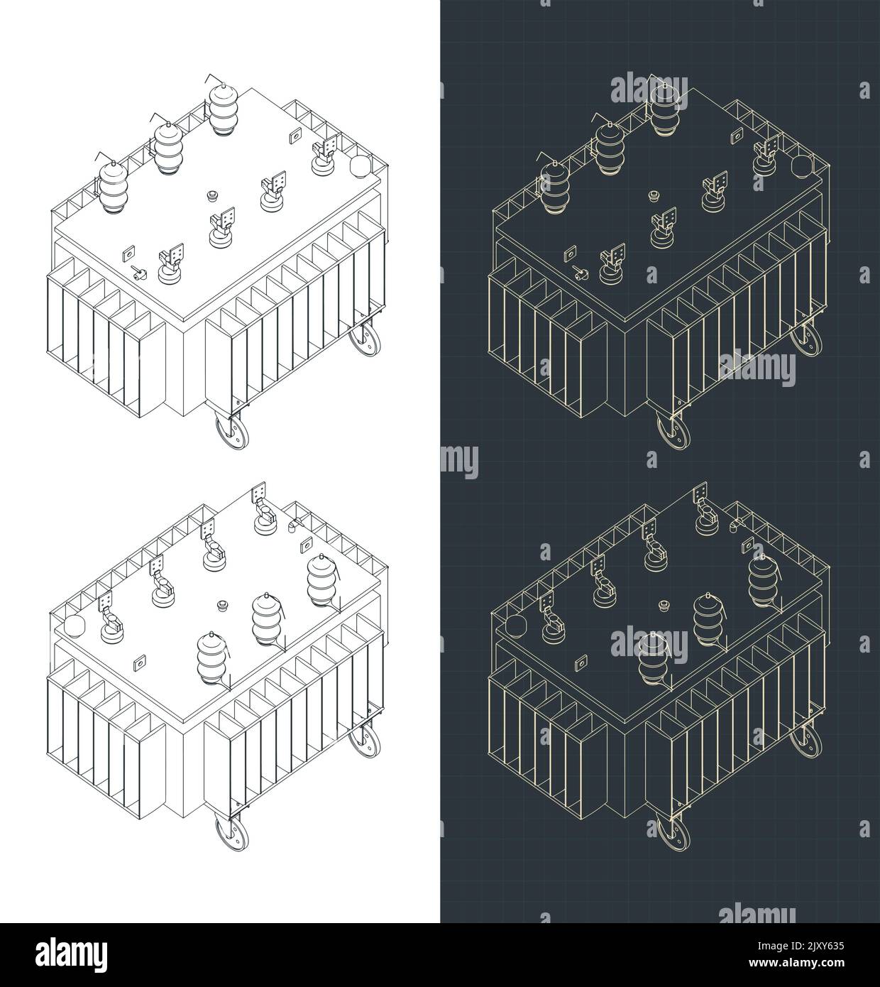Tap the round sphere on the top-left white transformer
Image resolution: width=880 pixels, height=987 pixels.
[361, 166]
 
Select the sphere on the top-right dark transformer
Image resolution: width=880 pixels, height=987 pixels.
[802, 166]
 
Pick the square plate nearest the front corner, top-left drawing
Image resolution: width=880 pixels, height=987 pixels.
[128, 252]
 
